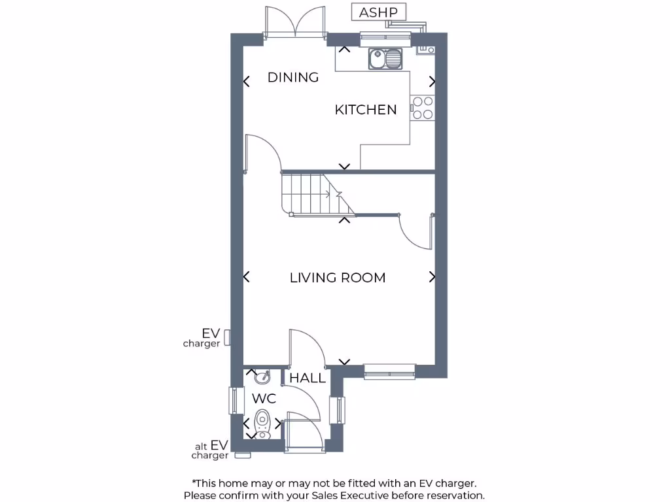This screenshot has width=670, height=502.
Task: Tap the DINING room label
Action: tap(293, 77)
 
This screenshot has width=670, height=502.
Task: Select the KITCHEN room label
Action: tap(366, 110)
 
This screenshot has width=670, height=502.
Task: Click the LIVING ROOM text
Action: tap(338, 278)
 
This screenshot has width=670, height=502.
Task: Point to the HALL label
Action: tap(308, 378)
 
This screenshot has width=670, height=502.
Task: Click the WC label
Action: tap(264, 399)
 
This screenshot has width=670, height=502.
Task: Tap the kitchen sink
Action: tap(385, 59)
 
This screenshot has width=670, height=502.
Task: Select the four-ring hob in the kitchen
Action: tap(422, 108)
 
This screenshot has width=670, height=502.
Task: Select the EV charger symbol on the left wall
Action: tap(227, 337)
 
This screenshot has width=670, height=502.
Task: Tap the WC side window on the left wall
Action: tap(232, 400)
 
